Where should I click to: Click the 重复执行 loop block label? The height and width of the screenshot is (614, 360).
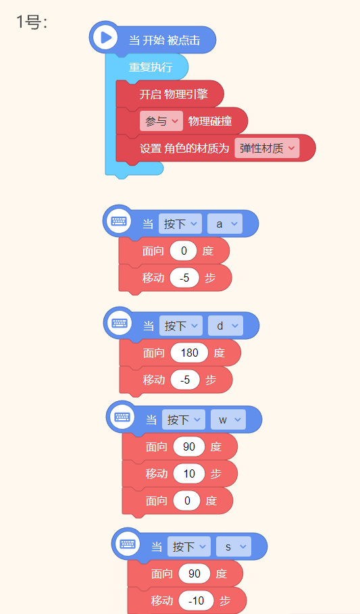click(151, 67)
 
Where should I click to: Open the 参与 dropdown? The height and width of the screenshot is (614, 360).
click(161, 121)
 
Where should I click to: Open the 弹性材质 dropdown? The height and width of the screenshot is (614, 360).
click(267, 148)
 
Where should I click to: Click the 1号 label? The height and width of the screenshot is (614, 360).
click(32, 22)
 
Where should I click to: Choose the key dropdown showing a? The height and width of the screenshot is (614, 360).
click(225, 224)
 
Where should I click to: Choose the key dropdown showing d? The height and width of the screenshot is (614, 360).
click(225, 326)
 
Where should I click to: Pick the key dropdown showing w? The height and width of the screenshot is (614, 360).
click(228, 419)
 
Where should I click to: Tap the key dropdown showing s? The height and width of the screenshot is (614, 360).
click(234, 546)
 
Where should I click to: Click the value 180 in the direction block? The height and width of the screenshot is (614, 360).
click(189, 353)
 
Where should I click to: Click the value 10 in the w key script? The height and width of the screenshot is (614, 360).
click(189, 474)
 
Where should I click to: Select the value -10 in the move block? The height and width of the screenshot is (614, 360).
click(197, 600)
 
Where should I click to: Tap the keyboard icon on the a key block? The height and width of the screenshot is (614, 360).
click(118, 222)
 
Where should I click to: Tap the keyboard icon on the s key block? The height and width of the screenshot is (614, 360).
click(127, 544)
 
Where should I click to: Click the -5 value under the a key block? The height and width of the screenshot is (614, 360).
click(184, 278)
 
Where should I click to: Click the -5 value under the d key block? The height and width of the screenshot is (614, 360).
click(185, 380)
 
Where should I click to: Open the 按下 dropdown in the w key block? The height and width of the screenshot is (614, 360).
click(184, 419)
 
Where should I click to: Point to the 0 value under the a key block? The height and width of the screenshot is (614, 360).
click(183, 251)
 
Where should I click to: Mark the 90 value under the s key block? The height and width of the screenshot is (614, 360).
click(195, 573)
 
